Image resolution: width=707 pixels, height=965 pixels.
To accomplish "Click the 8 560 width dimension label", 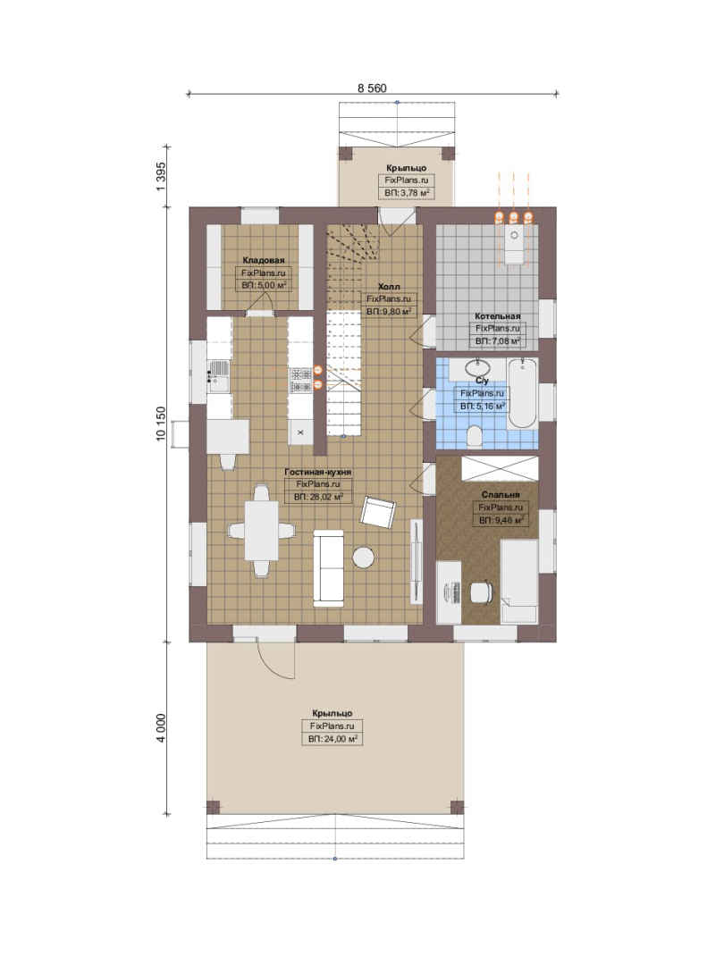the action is pyautogui.click(x=372, y=88).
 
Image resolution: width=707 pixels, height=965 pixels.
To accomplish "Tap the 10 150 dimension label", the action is pyautogui.click(x=161, y=423).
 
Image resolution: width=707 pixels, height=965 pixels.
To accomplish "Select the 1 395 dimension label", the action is pyautogui.click(x=161, y=176).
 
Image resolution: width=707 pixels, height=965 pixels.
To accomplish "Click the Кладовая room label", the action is pyautogui.click(x=264, y=260).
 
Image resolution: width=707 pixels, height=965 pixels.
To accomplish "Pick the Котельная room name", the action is pyautogui.click(x=498, y=316).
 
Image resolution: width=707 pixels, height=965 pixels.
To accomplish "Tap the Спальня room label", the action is pyautogui.click(x=501, y=495).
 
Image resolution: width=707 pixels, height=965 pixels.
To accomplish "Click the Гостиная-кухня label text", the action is pyautogui.click(x=318, y=472).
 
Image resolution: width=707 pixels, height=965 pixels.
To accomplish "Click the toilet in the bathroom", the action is pyautogui.click(x=475, y=436).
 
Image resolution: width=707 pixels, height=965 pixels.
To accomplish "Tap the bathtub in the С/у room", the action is pyautogui.click(x=522, y=393).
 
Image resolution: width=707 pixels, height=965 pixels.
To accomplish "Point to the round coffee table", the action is pyautogui.click(x=364, y=558).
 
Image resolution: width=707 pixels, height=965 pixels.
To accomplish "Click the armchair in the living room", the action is pyautogui.click(x=377, y=511).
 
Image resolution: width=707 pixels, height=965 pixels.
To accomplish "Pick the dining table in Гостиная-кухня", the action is pyautogui.click(x=262, y=531).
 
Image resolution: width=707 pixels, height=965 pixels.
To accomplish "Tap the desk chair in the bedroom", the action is pyautogui.click(x=482, y=592).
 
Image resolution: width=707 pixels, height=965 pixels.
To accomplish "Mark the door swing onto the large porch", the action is pyautogui.click(x=275, y=659).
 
